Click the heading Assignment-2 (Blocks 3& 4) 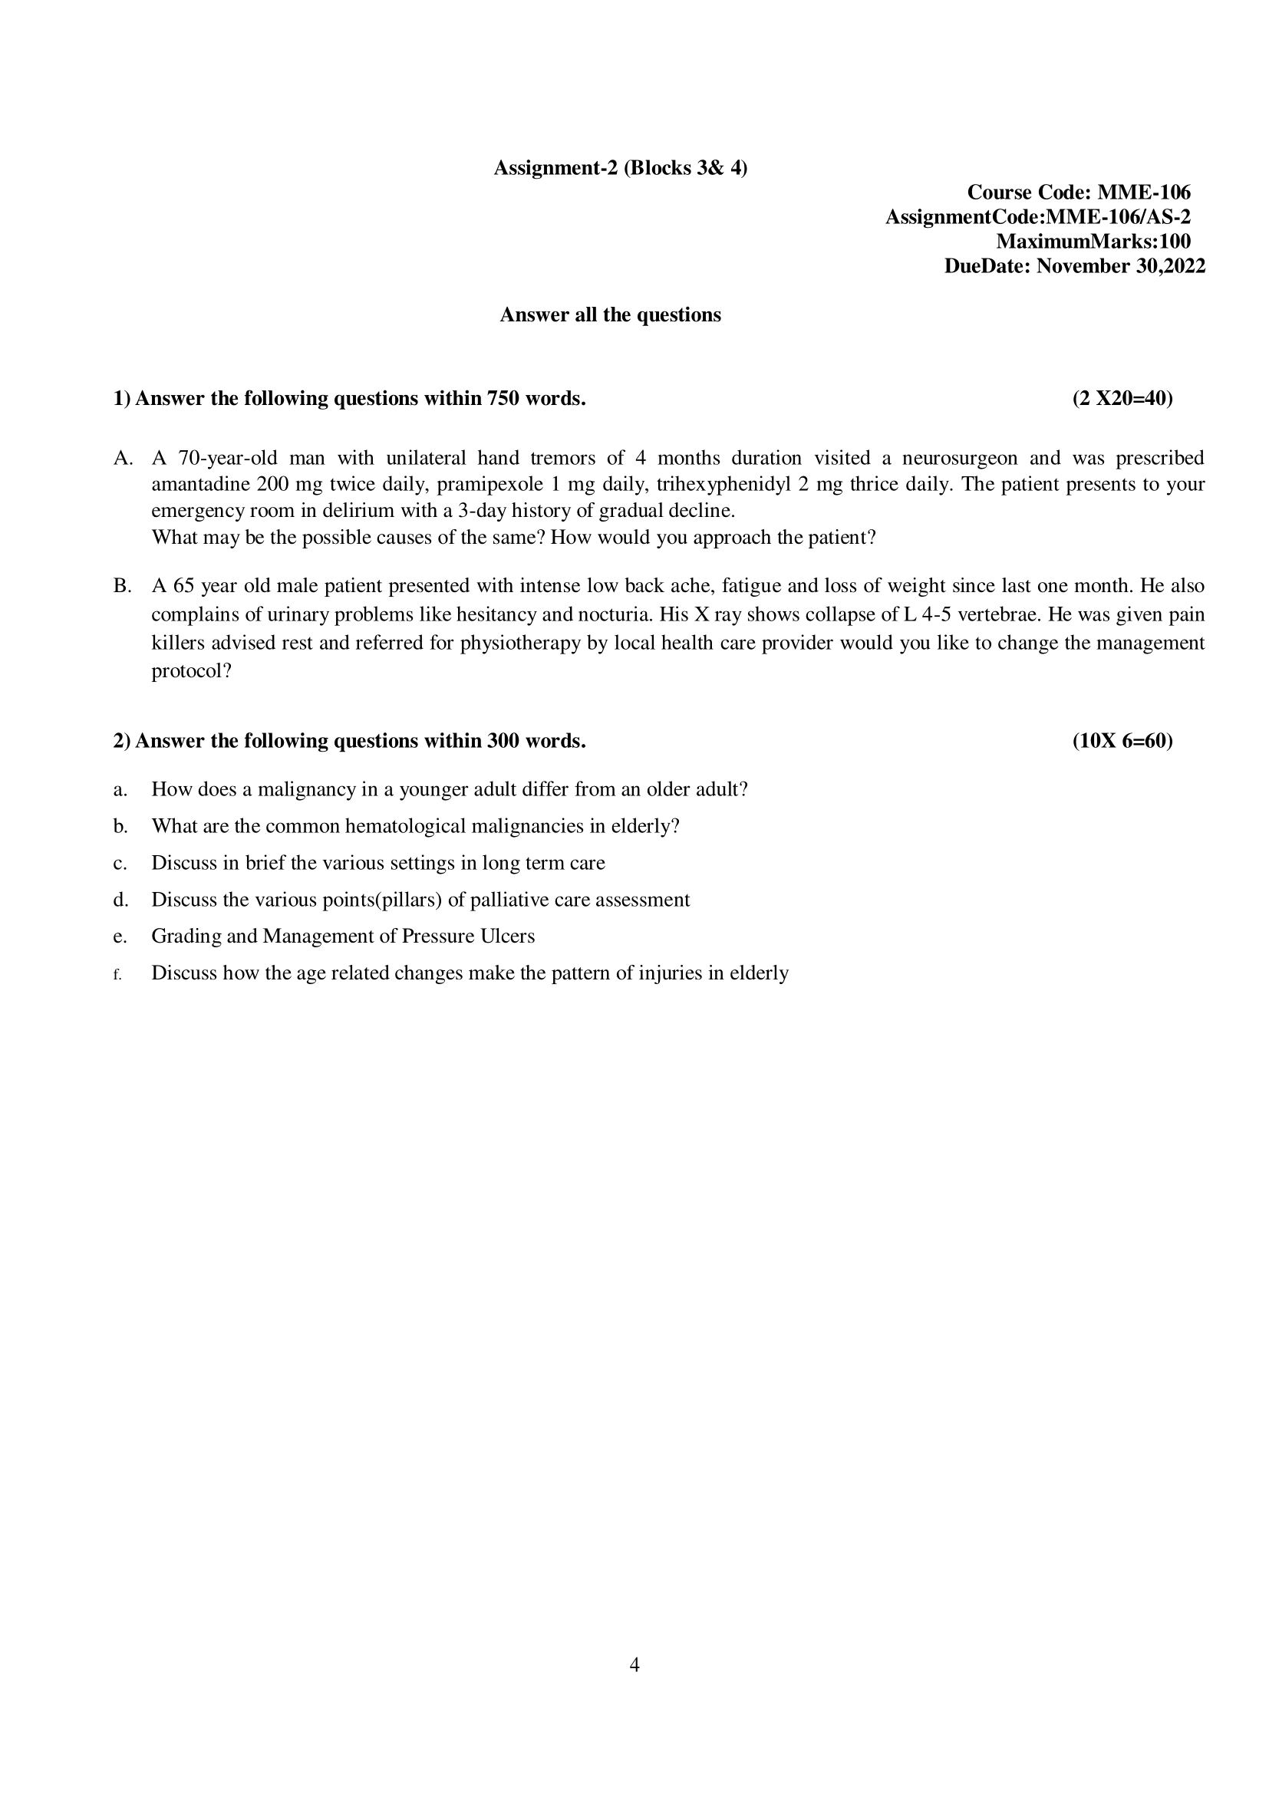620,168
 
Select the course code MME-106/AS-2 1118,217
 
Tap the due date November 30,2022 1120,266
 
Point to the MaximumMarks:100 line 1093,242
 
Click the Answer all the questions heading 610,315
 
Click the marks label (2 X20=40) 1122,399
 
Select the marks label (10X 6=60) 1122,741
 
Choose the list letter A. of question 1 123,458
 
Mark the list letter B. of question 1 123,586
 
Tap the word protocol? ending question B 192,671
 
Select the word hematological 405,826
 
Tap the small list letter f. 117,974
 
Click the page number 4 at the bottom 634,1665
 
